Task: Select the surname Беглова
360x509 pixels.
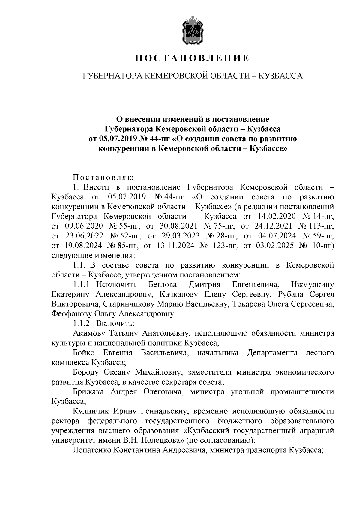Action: [x=163, y=285]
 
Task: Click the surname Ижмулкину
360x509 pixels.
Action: [x=312, y=285]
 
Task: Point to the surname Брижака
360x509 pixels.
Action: [x=88, y=392]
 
